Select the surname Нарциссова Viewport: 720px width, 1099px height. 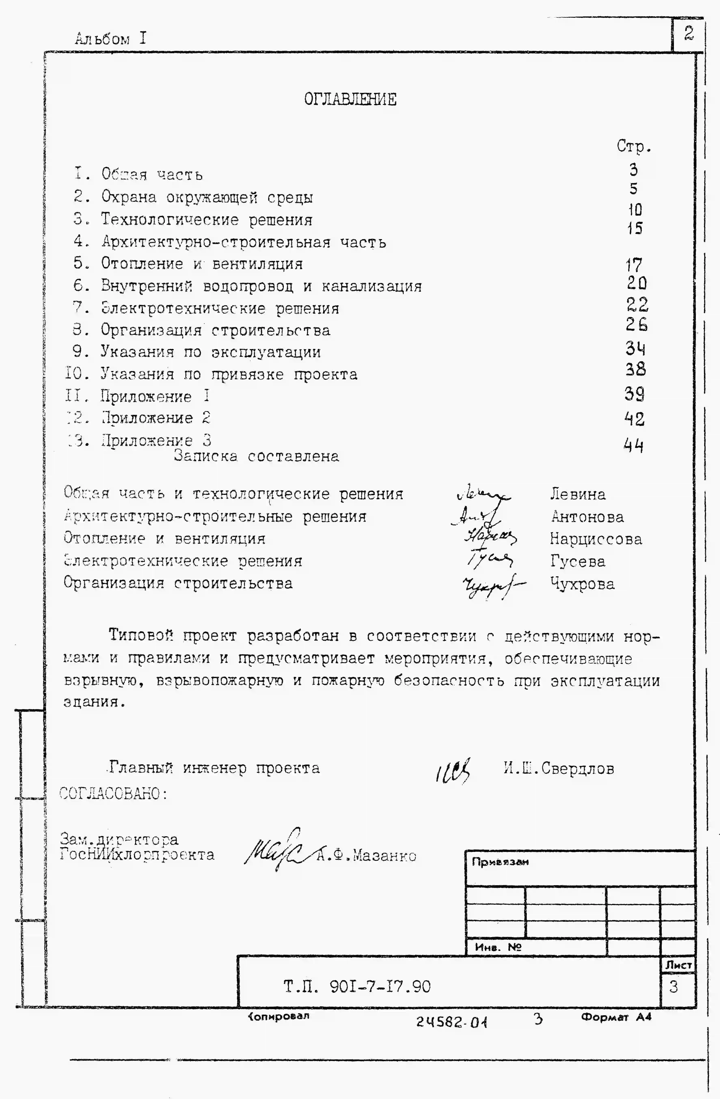tap(596, 539)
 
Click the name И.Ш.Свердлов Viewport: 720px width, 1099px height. tap(559, 768)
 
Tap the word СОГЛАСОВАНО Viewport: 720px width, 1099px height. tap(113, 794)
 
